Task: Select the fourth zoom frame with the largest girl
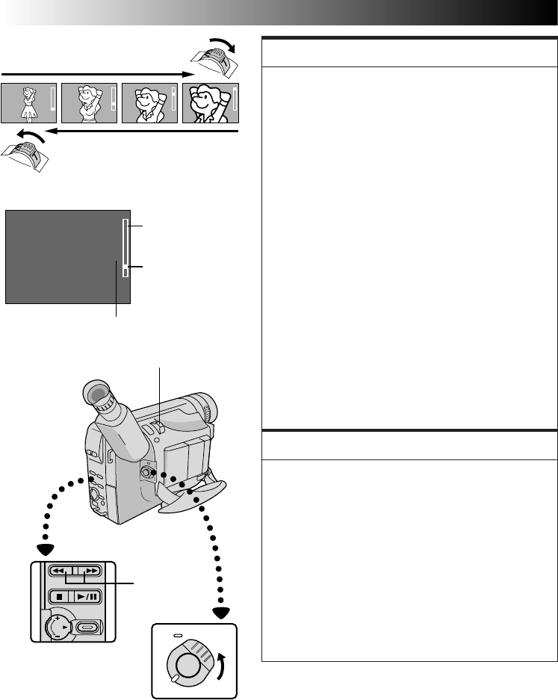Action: (210, 102)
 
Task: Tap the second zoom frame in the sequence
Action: (89, 102)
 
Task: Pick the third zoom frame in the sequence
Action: (149, 102)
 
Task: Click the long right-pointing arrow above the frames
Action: (97, 74)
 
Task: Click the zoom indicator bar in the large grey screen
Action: (125, 249)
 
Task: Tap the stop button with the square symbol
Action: (58, 597)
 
